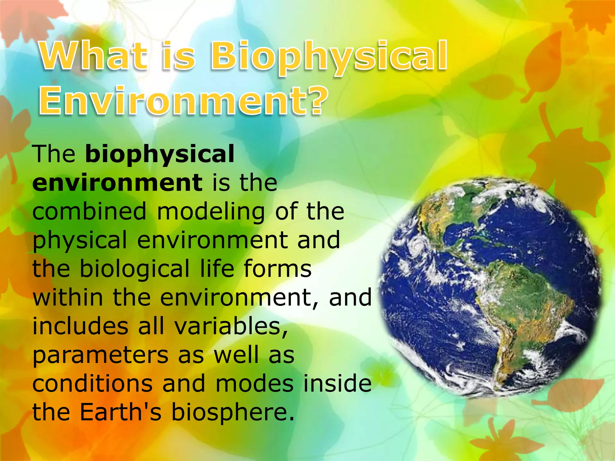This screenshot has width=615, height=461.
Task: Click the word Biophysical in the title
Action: tap(329, 57)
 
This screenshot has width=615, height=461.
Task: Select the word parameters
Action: tap(100, 356)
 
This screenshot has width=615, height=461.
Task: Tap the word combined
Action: tap(89, 212)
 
